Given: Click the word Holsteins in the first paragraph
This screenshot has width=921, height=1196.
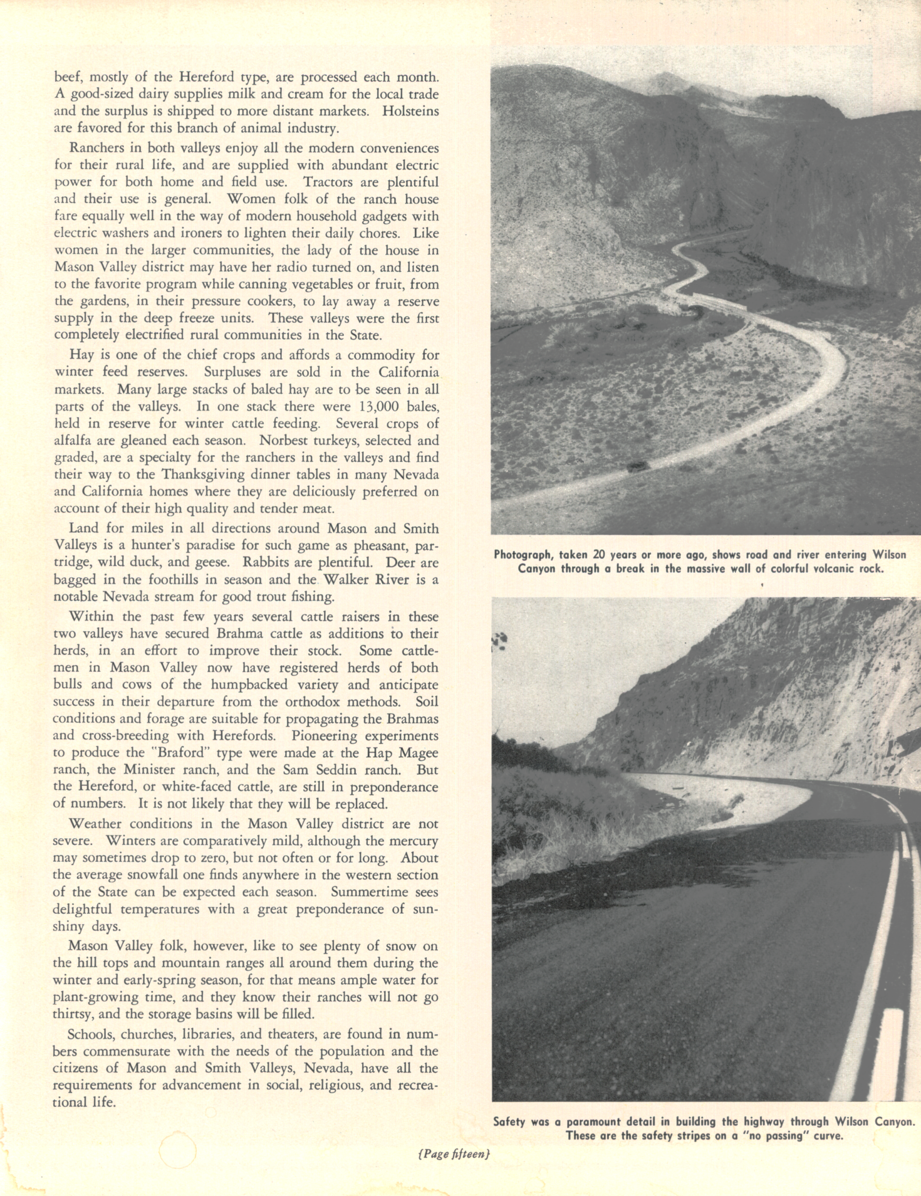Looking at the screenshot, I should click(410, 111).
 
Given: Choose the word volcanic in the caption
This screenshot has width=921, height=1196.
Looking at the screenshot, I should click(832, 569).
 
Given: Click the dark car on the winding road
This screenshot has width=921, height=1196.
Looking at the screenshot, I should click(638, 467).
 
